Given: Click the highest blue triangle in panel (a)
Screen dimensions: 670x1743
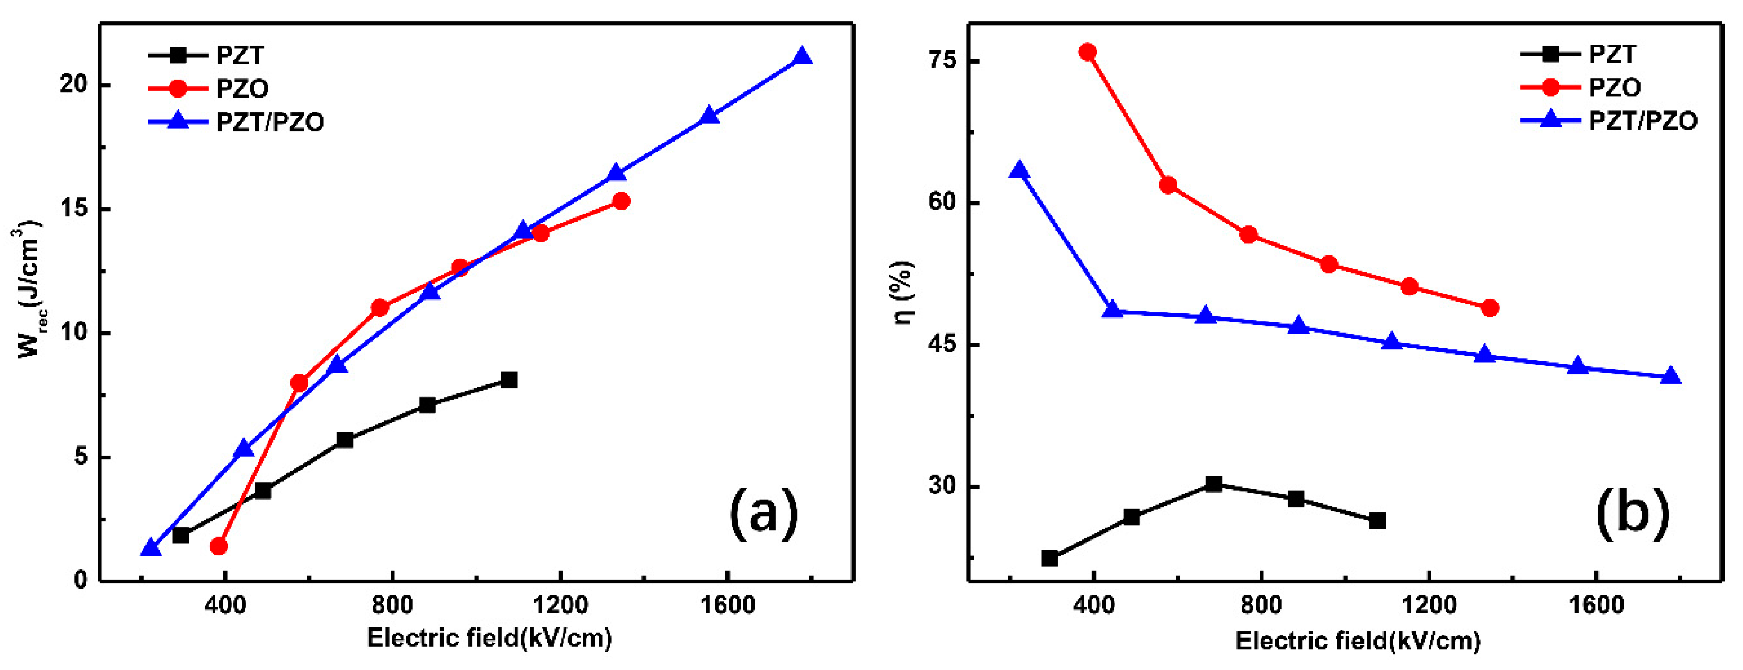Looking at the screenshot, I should (803, 57).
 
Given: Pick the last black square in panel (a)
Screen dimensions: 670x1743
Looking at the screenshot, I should (509, 380).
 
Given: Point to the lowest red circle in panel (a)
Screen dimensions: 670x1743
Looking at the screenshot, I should (219, 546).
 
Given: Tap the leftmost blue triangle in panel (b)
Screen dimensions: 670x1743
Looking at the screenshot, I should (1019, 170).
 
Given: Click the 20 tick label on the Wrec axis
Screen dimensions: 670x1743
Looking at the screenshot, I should (76, 85).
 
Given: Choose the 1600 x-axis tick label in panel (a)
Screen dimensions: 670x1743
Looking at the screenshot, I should (727, 604).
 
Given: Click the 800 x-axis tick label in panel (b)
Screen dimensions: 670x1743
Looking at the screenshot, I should (1261, 604).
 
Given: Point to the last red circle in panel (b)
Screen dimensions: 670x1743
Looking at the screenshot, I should (1489, 308).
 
